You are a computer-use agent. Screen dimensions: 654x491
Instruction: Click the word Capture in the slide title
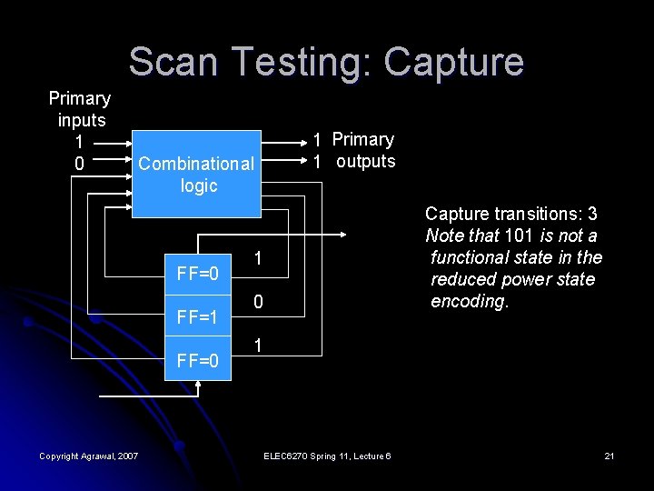click(x=453, y=62)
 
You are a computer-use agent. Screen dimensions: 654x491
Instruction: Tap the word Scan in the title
click(x=168, y=62)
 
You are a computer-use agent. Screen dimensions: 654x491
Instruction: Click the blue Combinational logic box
click(x=197, y=173)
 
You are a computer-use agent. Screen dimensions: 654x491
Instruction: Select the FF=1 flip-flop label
click(x=197, y=317)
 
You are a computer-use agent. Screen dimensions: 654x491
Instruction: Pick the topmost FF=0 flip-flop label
click(x=197, y=273)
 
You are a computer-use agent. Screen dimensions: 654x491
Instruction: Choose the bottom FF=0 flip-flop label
click(x=197, y=361)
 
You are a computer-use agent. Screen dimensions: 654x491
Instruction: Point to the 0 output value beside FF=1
click(x=259, y=302)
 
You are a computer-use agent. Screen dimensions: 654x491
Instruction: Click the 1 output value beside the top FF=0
click(x=259, y=259)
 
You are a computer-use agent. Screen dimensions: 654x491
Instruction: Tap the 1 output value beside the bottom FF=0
click(x=259, y=346)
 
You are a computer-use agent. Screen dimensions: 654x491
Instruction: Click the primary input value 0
click(x=79, y=165)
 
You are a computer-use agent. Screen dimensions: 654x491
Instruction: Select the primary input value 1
click(x=79, y=142)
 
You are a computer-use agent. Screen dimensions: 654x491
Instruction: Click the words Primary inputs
click(x=80, y=109)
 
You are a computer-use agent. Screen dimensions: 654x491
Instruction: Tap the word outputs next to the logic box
click(x=365, y=162)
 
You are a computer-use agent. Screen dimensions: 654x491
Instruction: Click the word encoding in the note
click(x=469, y=302)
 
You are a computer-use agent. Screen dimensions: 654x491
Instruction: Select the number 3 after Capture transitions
click(x=592, y=215)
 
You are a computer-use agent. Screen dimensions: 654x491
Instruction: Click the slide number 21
click(x=609, y=456)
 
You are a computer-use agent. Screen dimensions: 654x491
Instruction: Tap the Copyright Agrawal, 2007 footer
click(x=88, y=456)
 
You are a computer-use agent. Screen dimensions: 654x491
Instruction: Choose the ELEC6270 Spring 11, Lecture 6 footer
click(x=325, y=456)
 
